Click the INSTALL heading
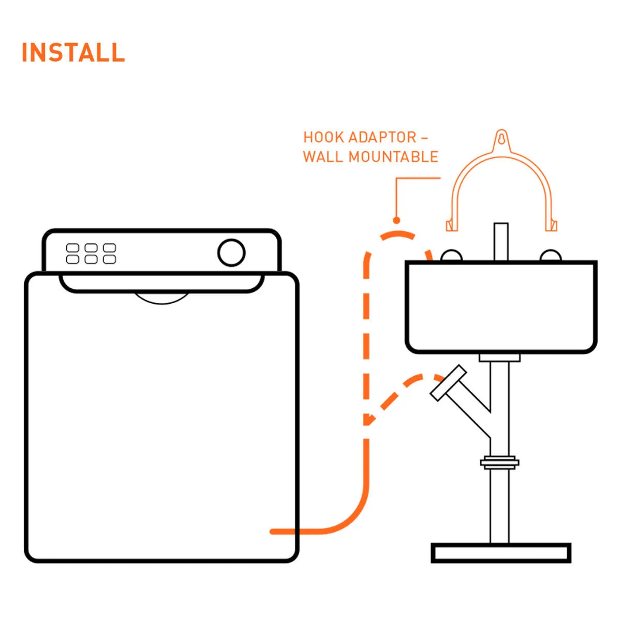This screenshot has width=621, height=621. click(73, 53)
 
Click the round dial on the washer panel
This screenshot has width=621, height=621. click(231, 253)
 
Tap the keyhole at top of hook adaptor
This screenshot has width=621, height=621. click(501, 139)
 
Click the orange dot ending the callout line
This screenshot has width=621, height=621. click(397, 220)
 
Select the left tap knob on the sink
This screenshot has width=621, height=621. click(451, 256)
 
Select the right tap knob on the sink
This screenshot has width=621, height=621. click(550, 256)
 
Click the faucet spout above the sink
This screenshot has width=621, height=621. click(501, 241)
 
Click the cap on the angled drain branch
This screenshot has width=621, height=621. click(448, 383)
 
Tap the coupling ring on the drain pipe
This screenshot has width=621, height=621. click(499, 462)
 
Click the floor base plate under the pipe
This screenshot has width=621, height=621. click(501, 553)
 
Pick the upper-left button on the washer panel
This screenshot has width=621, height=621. click(72, 248)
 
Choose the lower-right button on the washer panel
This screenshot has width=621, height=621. click(109, 259)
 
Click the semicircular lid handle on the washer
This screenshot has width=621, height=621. click(161, 298)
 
